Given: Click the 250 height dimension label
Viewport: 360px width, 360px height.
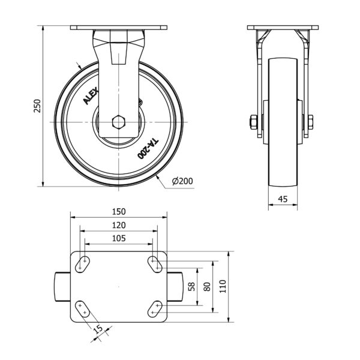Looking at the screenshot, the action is tap(37, 106).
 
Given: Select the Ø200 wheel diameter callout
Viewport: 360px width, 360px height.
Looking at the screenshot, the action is tap(182, 181).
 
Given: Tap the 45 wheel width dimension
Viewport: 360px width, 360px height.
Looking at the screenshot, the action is tap(283, 199).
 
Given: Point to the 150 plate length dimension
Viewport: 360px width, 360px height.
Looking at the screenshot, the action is tap(119, 212).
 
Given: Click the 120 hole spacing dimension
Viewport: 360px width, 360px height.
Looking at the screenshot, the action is tap(119, 225).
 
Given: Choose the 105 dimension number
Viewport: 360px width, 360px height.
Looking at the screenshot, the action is tap(119, 238).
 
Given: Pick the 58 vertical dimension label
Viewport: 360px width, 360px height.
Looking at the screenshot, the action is tap(191, 287).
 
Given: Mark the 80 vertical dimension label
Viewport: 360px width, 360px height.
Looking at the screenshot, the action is tap(207, 287).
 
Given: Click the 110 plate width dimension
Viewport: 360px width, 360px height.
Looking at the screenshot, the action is tap(223, 286).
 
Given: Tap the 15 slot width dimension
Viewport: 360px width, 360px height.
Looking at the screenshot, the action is tap(99, 329).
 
